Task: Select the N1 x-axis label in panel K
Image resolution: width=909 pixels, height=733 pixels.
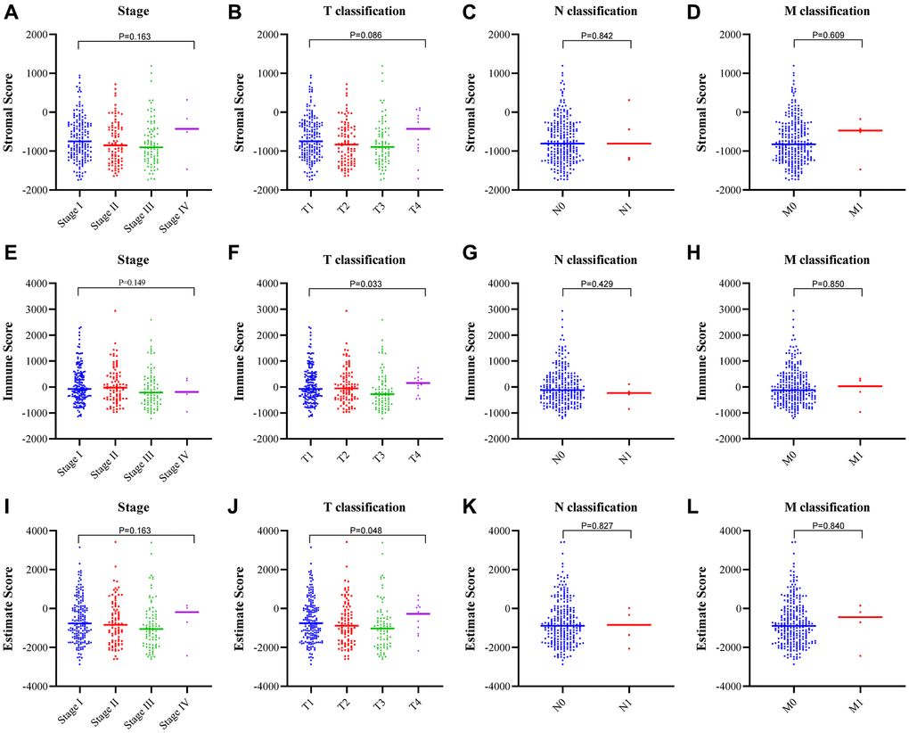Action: (630, 700)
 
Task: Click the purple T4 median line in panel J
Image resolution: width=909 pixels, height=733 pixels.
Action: (418, 614)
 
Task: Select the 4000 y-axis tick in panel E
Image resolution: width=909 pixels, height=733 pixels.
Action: (51, 284)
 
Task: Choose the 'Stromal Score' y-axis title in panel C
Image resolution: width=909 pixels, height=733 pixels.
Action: (474, 112)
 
